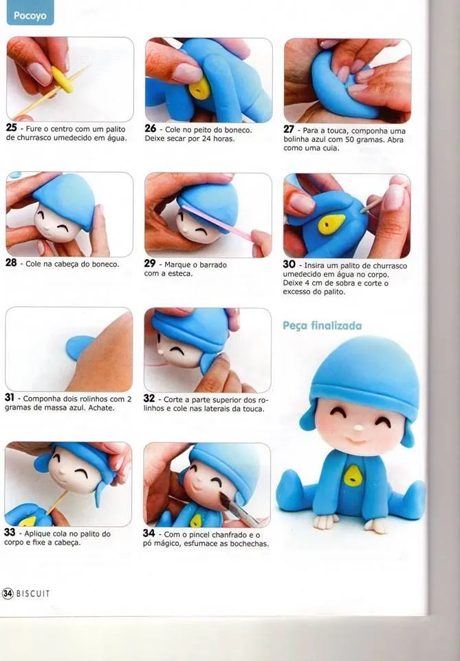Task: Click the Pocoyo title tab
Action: (30, 14)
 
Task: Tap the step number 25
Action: (11, 127)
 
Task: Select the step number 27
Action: (289, 129)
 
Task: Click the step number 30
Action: (289, 264)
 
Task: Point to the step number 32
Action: (149, 399)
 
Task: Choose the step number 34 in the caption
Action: (149, 534)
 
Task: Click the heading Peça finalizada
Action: (322, 325)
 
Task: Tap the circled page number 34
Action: (8, 594)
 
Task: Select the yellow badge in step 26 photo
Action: (200, 87)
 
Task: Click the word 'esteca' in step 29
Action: (182, 273)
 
